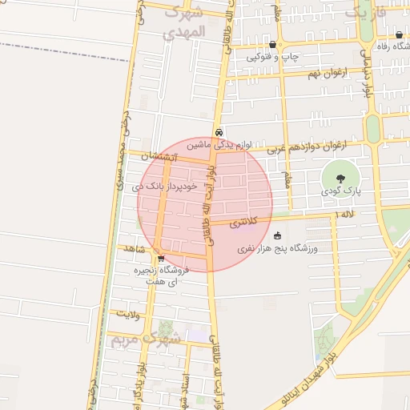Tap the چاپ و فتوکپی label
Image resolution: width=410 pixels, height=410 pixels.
pos(271,58)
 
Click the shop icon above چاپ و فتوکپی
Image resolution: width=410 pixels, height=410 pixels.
pos(274,45)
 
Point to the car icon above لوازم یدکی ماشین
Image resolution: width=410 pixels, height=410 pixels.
pos(219,133)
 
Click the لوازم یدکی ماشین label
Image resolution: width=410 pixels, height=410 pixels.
pos(219,145)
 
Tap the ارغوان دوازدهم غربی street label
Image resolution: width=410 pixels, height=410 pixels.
pos(317,147)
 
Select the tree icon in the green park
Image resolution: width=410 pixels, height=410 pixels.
pos(340,179)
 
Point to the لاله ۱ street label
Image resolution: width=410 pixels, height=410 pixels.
pos(347,215)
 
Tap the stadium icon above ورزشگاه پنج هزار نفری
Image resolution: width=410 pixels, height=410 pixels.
pos(277,235)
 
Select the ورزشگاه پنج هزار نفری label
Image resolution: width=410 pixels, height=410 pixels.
pos(278,249)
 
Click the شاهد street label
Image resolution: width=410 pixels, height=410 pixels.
pos(134,249)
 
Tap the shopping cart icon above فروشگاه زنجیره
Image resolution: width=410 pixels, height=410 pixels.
pos(161,258)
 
